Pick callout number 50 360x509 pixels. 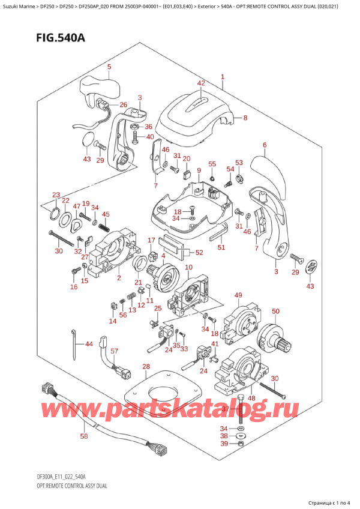[275, 311]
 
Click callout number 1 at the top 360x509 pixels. [223, 77]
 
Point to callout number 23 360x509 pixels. [56, 194]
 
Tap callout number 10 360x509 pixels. [188, 267]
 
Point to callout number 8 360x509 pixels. [245, 118]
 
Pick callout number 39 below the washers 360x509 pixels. [223, 443]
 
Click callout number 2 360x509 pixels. [119, 277]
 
